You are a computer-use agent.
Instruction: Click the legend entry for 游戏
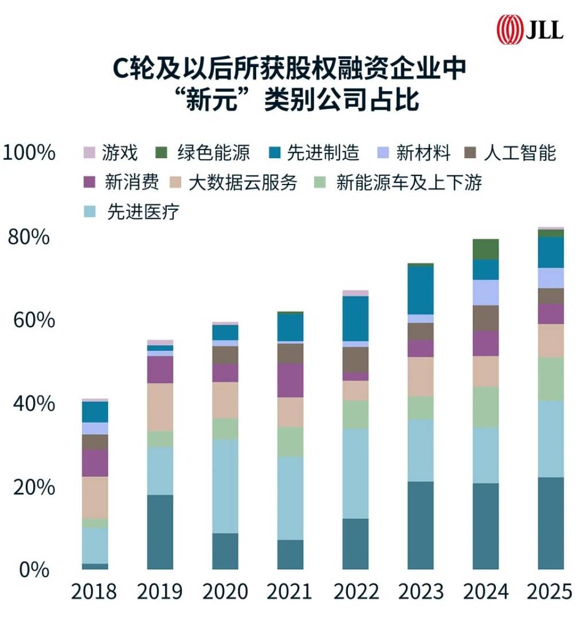112,153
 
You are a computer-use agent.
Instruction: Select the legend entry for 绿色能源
204,153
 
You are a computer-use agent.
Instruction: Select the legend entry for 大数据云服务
235,183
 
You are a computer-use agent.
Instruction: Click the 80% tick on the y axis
28,237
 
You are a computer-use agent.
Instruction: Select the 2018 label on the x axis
94,591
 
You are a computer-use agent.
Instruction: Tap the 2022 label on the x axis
355,591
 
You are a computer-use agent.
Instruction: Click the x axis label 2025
550,591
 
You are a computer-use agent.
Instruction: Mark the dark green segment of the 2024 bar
485,249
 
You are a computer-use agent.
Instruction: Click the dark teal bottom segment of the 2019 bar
160,532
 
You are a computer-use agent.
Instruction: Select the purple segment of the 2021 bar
290,380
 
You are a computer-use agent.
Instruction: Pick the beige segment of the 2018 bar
95,497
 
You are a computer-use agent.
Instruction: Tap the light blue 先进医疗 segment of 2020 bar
225,486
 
